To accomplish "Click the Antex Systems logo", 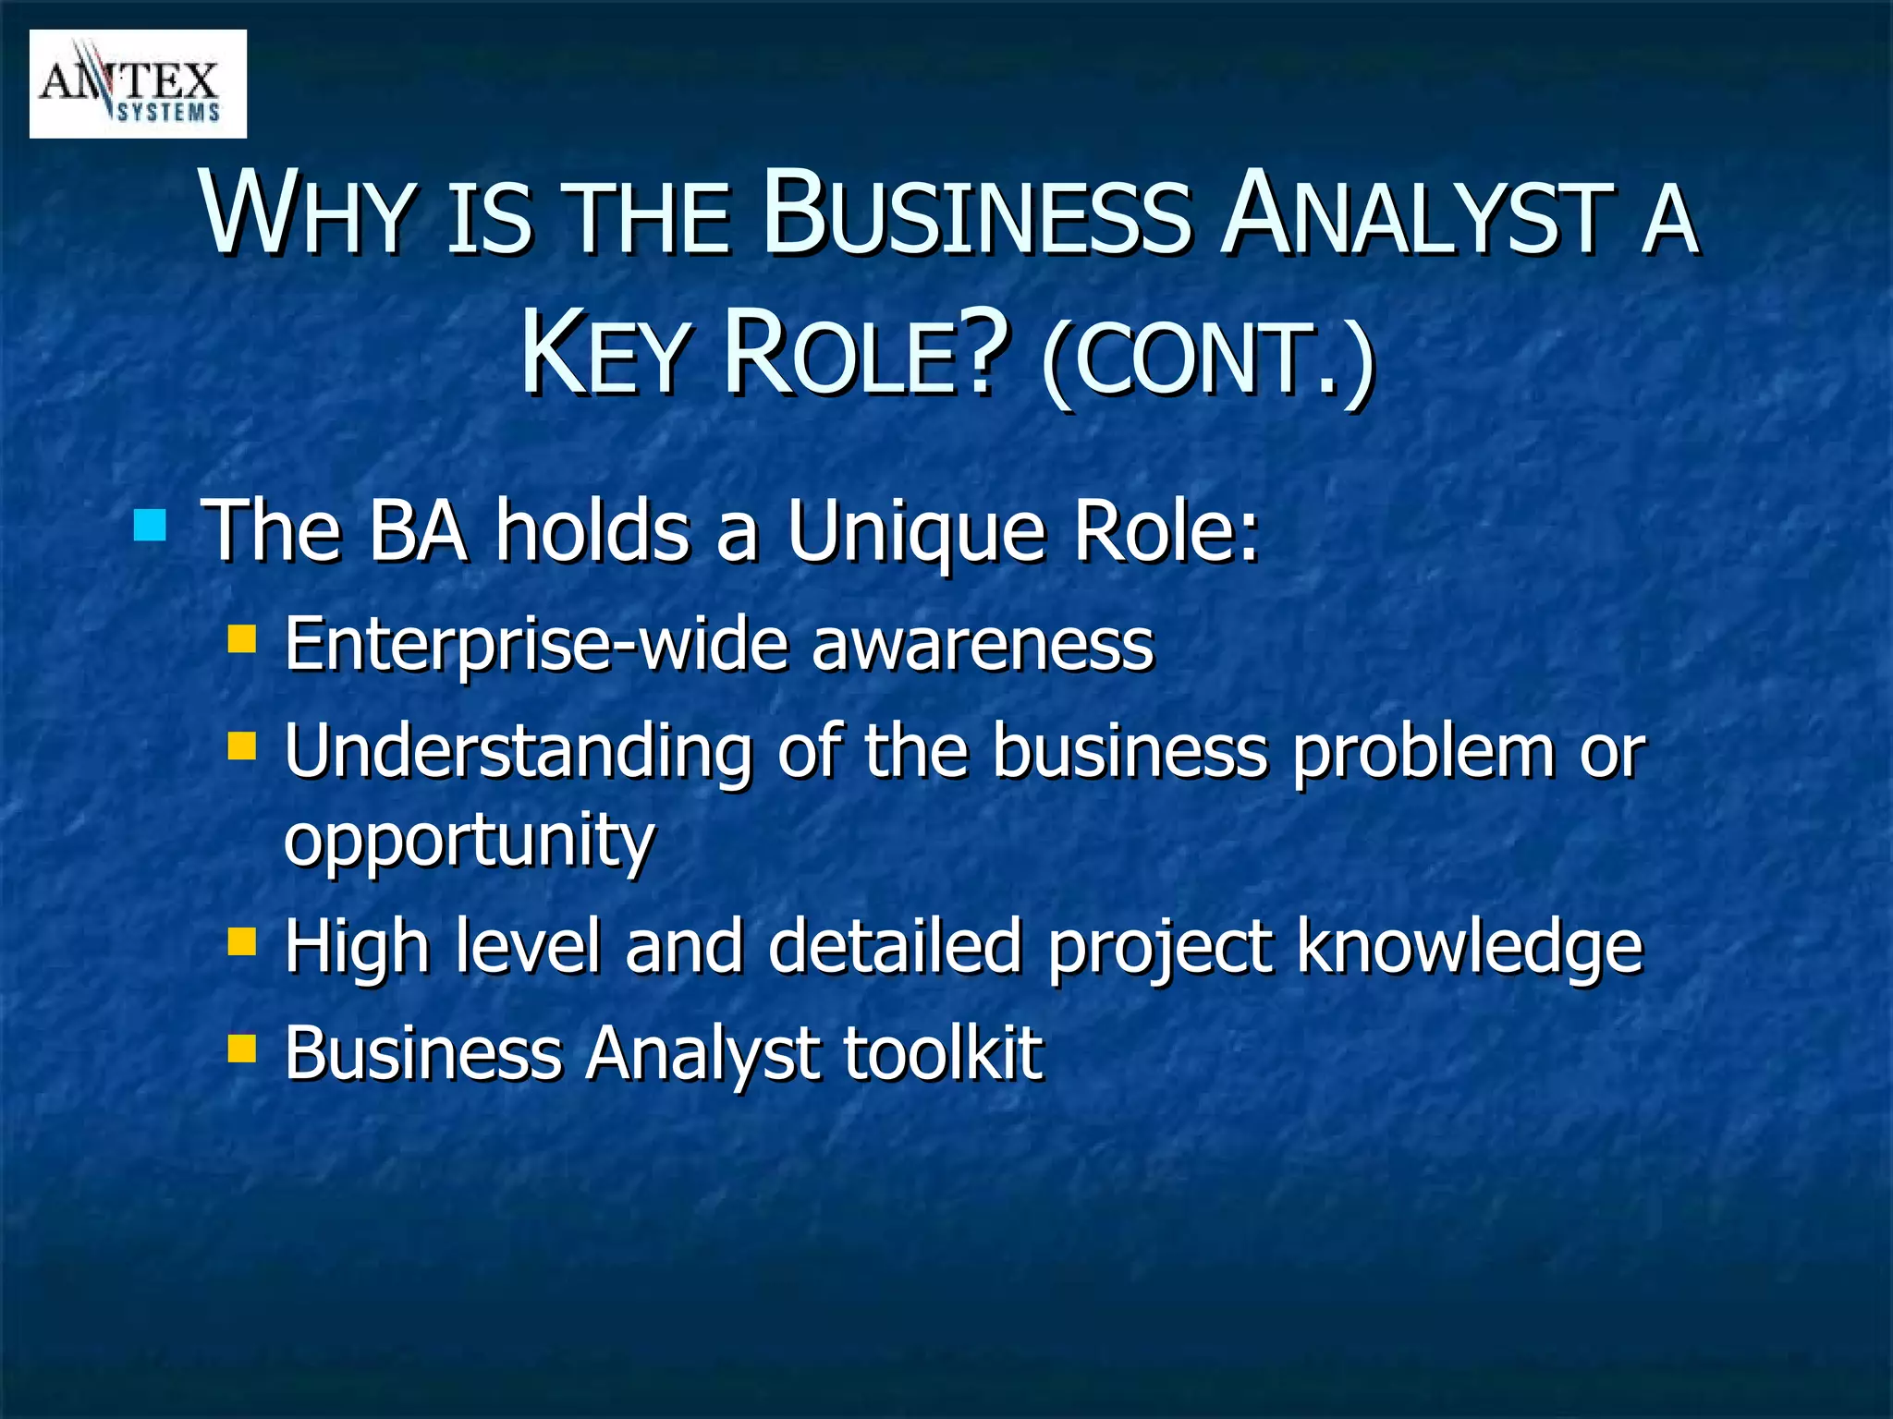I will pos(138,84).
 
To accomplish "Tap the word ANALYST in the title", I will pos(1418,214).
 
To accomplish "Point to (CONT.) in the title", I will pos(1207,360).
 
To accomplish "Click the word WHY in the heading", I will pos(306,214).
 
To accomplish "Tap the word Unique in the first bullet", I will pos(916,532).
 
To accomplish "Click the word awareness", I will pos(983,645).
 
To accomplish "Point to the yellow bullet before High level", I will pos(241,942).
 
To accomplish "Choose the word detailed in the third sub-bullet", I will pos(894,947).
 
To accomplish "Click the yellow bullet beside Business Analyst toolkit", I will pos(241,1049).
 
